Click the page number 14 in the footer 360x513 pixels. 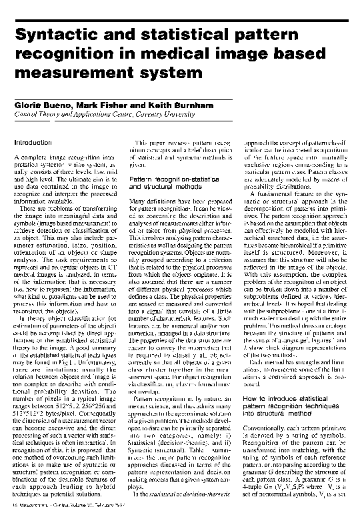pos(17,507)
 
